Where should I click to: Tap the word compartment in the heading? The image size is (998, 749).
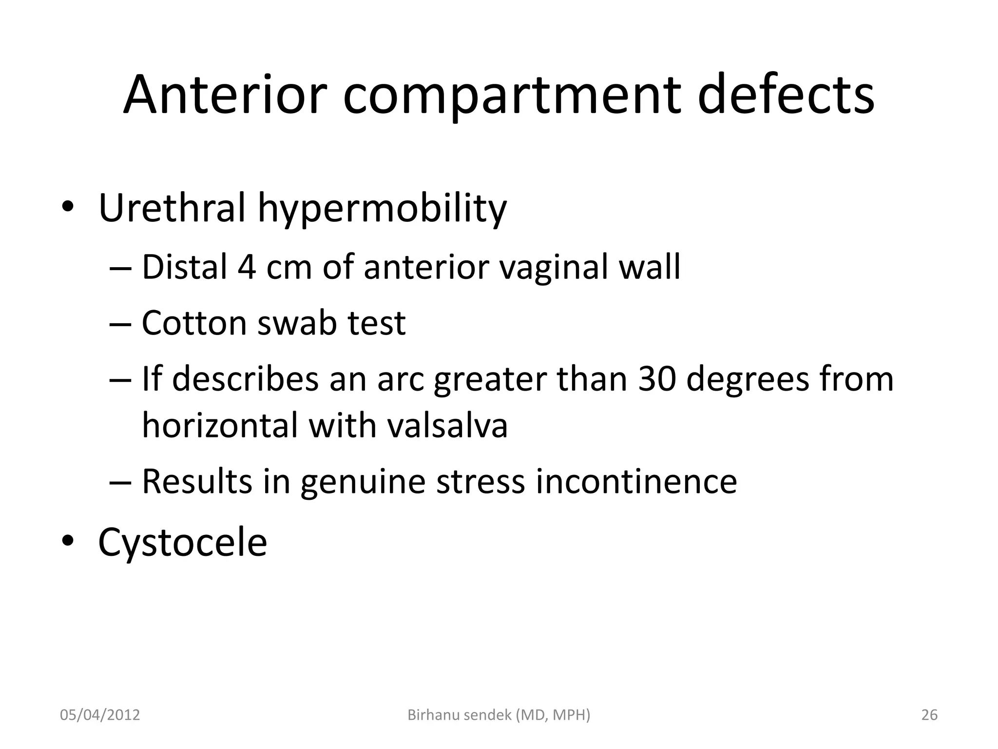pos(512,96)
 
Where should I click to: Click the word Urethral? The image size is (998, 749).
pos(172,208)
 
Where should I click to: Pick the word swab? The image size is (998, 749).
pos(296,323)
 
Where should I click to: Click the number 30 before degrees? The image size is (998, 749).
pos(657,379)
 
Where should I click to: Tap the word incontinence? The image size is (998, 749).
pos(636,481)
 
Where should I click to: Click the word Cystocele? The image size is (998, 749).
pos(183,542)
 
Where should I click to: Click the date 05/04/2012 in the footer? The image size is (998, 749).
pos(100,715)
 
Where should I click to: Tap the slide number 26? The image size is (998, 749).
pos(929,715)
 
